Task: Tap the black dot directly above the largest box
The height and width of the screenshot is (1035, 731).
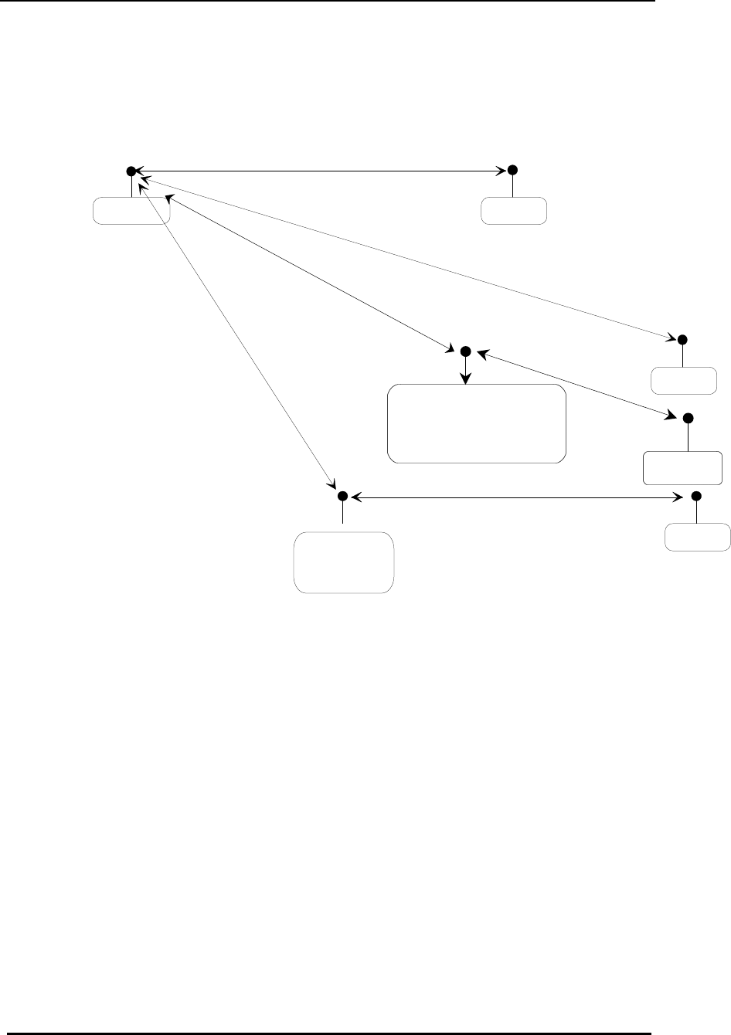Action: (x=465, y=351)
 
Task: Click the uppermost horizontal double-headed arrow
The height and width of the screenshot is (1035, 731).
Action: (x=321, y=170)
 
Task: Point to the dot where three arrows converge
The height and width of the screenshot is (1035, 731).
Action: (x=131, y=170)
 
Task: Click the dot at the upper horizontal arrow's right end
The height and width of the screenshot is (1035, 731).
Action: (x=512, y=170)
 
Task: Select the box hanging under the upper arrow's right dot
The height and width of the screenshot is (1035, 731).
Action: (x=514, y=211)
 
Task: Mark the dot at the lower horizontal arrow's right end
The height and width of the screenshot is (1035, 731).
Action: (x=695, y=495)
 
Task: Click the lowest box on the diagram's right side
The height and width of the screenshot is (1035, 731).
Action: (x=697, y=537)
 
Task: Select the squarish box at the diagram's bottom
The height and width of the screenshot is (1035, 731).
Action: (x=344, y=562)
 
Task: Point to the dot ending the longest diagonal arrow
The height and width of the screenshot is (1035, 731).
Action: (x=682, y=339)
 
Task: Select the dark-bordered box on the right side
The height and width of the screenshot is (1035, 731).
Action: (x=683, y=467)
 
